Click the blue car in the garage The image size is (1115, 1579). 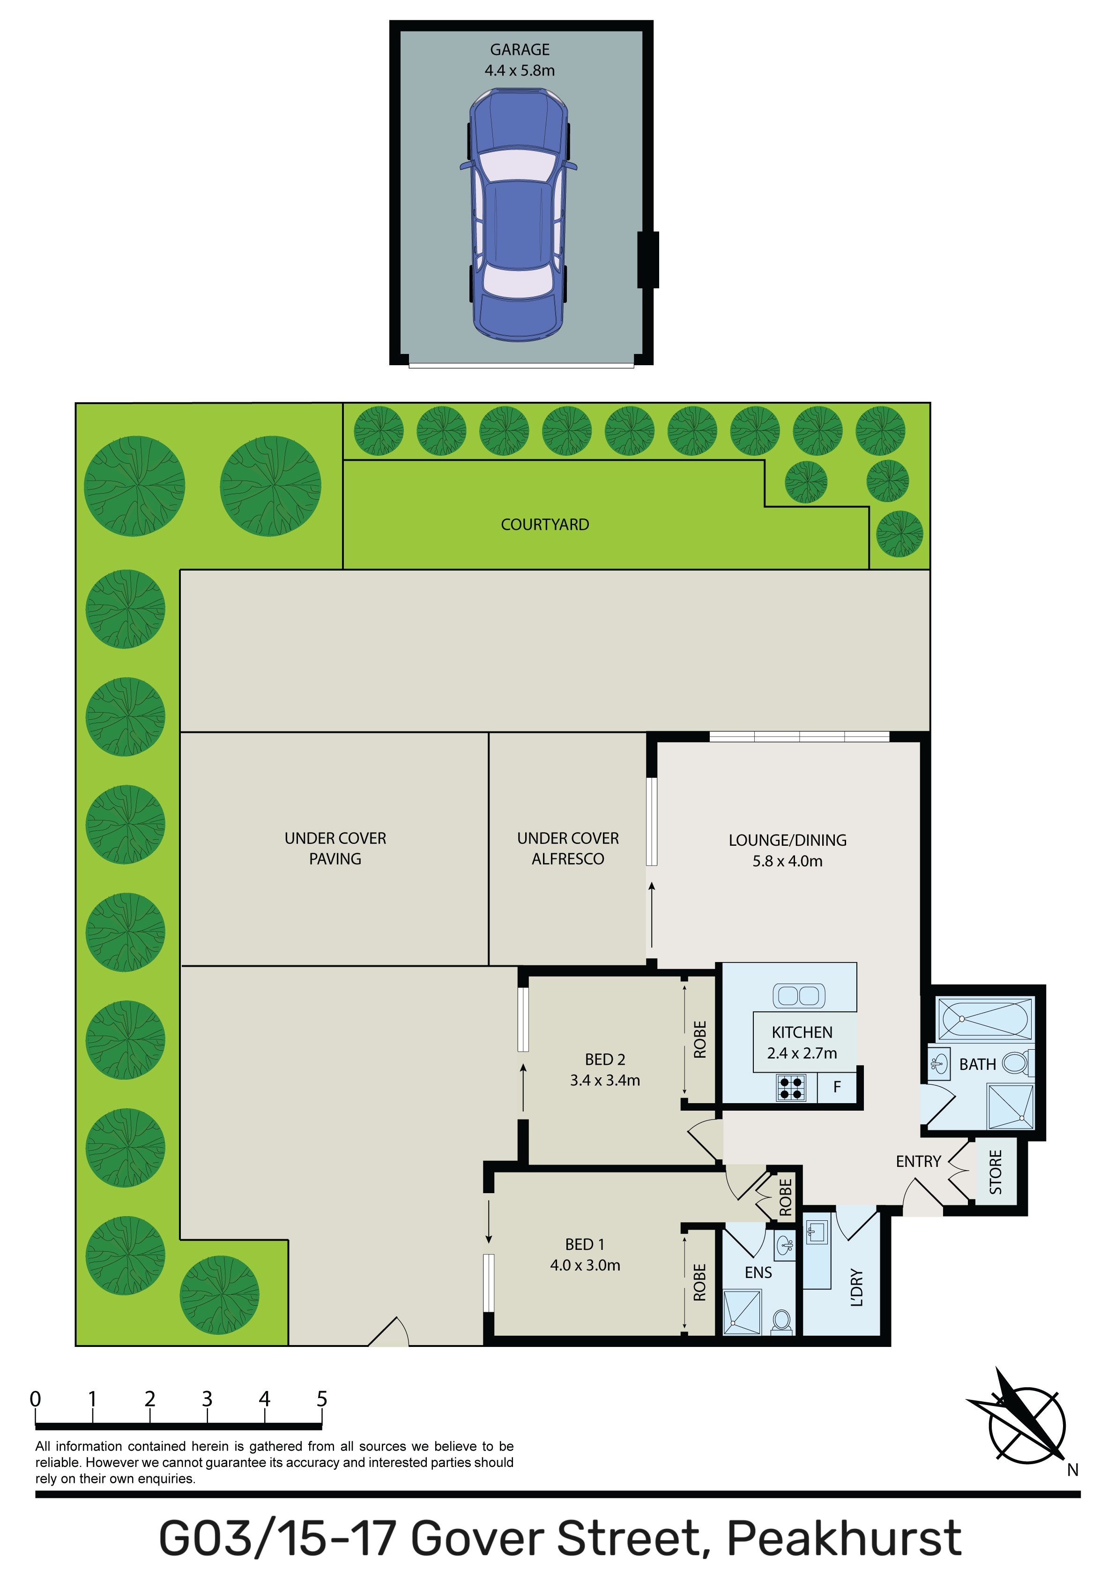[x=518, y=215]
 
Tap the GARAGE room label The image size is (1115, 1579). [x=520, y=50]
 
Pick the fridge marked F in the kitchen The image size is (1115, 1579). [x=837, y=1087]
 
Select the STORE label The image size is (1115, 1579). [x=996, y=1172]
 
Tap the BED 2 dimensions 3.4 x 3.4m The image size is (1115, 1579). [x=605, y=1080]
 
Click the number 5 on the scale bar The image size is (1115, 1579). [x=322, y=1399]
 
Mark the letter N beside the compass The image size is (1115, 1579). [x=1072, y=1470]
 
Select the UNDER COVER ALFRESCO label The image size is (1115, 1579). [x=568, y=849]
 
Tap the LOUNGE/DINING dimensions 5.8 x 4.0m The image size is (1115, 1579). [x=787, y=861]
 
